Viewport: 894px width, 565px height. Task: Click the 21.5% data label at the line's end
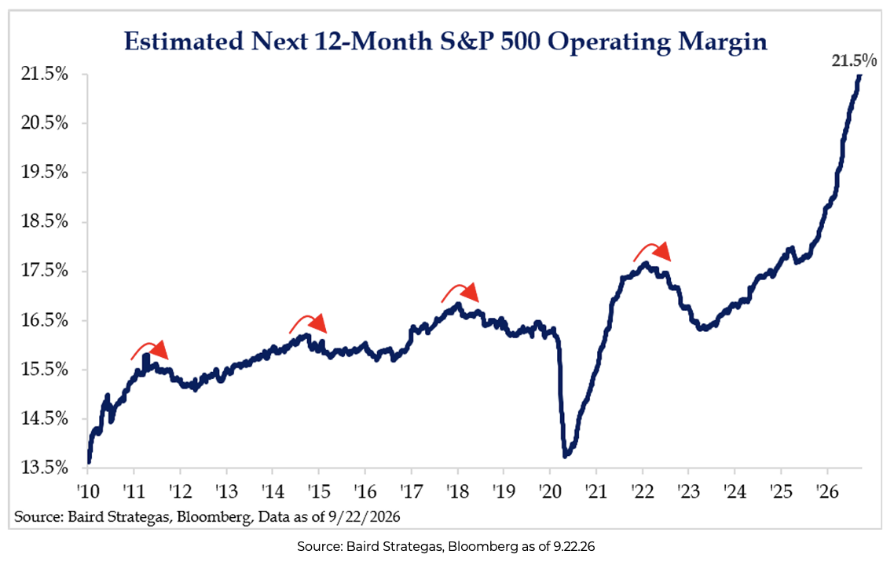pos(853,60)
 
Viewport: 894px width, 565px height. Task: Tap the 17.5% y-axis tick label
pos(45,271)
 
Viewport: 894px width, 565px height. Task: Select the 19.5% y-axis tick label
pos(45,172)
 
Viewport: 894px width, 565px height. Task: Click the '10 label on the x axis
pos(88,490)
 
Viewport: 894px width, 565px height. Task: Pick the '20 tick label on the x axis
pos(550,490)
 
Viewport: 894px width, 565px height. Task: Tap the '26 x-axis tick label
pos(828,490)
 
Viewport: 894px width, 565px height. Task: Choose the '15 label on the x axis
pos(319,490)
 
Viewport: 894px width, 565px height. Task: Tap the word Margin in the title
pos(723,42)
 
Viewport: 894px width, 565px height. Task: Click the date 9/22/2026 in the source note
pos(364,517)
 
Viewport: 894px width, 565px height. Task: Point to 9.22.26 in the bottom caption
pos(573,547)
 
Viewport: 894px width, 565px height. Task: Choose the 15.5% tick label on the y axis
pos(45,370)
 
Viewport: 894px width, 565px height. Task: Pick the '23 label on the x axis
pos(689,490)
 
